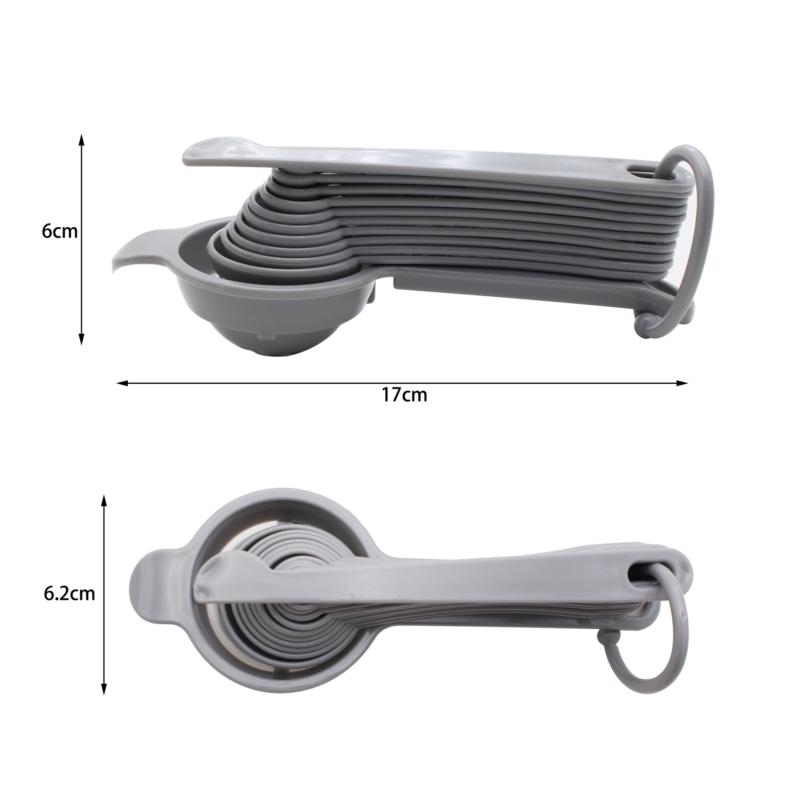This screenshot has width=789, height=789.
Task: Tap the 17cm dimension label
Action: tap(404, 395)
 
